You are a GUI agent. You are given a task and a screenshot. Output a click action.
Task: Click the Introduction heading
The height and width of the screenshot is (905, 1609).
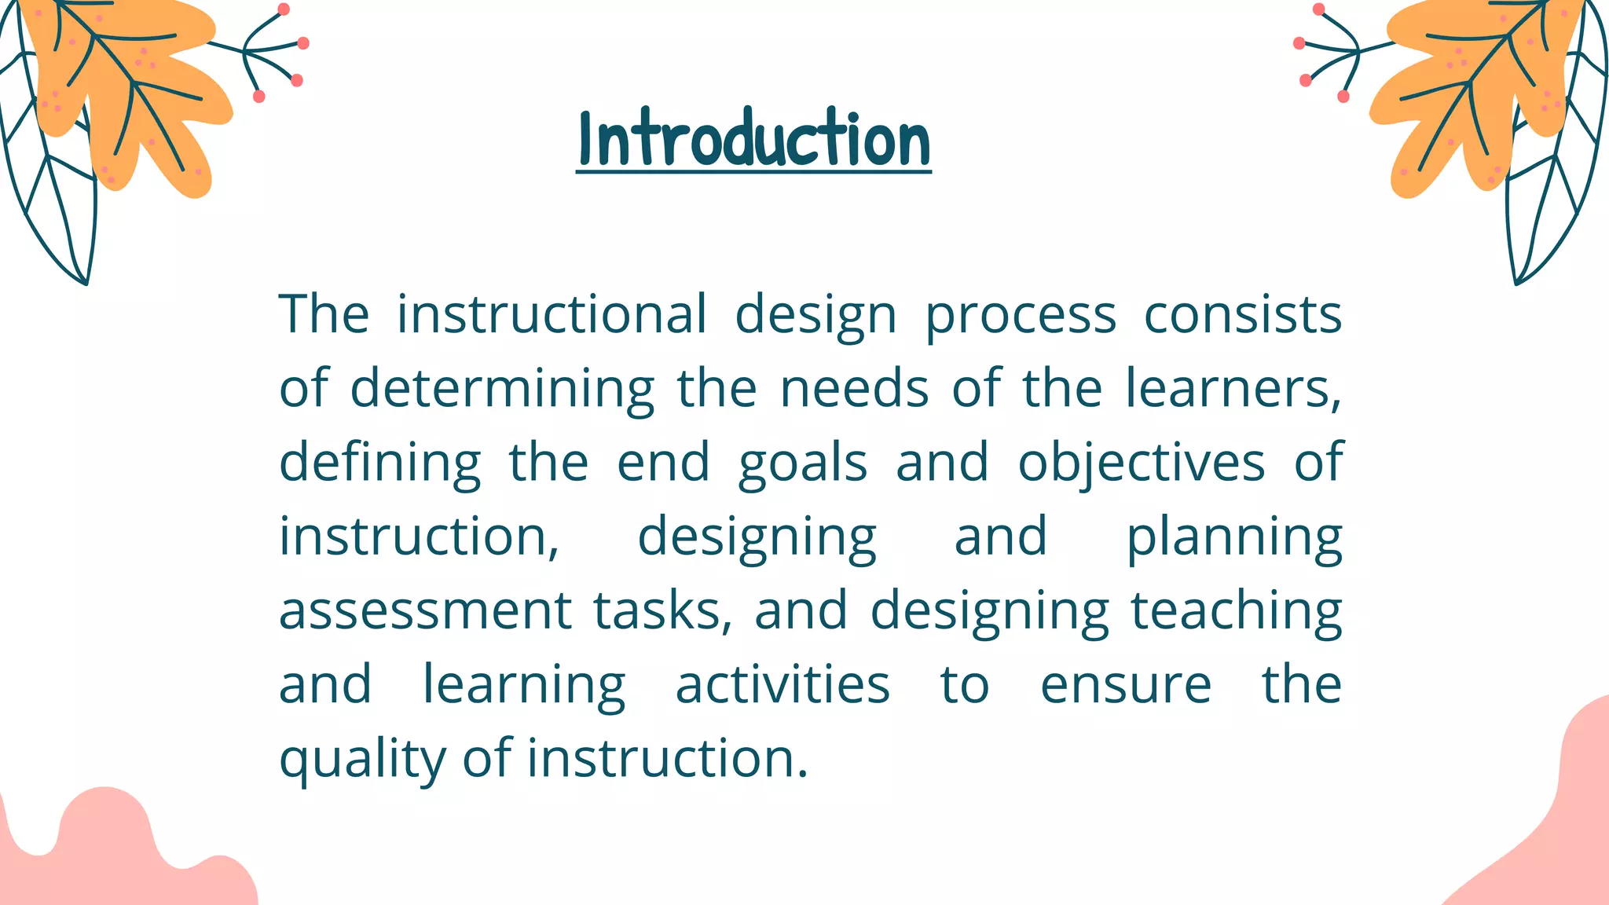[x=753, y=140]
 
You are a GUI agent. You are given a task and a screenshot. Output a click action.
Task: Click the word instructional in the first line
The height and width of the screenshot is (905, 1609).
[x=552, y=314]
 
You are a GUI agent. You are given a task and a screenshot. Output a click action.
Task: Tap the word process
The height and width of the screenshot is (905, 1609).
[x=1021, y=314]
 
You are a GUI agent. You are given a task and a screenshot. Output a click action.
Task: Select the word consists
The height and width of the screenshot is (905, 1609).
[x=1242, y=314]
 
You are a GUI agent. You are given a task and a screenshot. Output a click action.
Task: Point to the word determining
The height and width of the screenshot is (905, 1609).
[x=501, y=388]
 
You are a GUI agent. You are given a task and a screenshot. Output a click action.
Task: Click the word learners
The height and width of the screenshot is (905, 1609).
[x=1231, y=388]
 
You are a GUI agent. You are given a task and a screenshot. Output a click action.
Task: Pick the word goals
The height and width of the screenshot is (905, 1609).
[x=802, y=462]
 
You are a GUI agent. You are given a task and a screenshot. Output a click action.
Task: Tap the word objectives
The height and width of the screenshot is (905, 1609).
[x=1141, y=462]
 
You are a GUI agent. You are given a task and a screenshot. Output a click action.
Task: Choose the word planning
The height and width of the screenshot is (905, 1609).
[x=1233, y=537]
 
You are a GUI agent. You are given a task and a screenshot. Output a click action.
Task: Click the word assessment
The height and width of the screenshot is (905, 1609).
[x=425, y=610]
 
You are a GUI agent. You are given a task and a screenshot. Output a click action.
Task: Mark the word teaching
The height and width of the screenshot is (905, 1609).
[x=1236, y=610]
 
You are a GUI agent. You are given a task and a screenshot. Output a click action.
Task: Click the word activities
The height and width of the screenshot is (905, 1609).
[x=783, y=684]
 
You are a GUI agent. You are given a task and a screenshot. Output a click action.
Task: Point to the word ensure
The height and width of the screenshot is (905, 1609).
[x=1125, y=684]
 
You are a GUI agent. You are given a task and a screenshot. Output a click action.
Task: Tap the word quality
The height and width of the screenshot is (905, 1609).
[x=362, y=759]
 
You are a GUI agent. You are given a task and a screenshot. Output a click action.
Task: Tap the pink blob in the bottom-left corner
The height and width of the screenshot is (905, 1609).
[x=110, y=856]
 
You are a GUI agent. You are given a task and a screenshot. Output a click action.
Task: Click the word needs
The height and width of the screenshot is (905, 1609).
[x=854, y=388]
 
